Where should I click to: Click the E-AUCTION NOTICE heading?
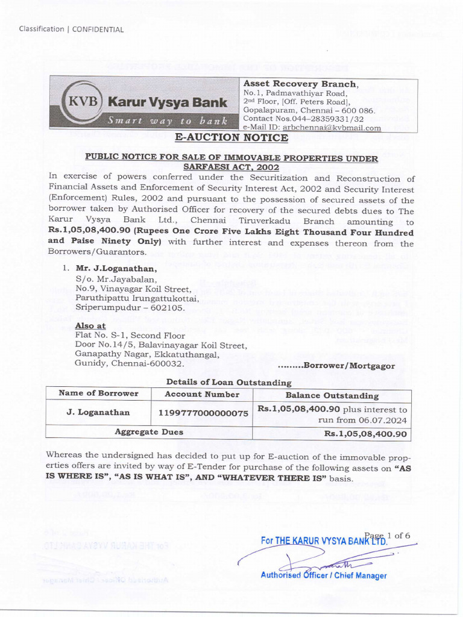[231, 138]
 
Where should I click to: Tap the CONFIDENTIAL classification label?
[98, 29]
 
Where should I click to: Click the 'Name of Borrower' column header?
[98, 393]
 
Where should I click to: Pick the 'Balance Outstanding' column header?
[332, 396]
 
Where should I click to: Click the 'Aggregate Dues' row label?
[149, 432]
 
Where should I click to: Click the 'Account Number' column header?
[202, 395]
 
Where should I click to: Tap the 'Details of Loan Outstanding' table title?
[228, 382]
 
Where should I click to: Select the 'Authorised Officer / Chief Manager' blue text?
[323, 575]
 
